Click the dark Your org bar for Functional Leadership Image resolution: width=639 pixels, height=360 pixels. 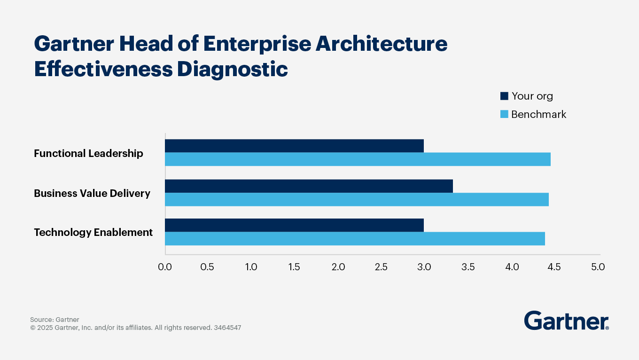click(x=294, y=146)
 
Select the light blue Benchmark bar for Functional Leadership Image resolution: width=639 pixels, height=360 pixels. click(x=358, y=159)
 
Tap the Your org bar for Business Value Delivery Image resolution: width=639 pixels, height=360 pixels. click(x=309, y=186)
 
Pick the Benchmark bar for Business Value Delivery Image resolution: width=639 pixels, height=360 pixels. click(x=357, y=199)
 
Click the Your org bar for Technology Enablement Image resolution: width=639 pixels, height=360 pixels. click(x=294, y=225)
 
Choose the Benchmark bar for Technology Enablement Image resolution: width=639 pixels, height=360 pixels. click(x=355, y=238)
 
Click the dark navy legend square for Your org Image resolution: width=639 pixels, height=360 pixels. click(x=504, y=96)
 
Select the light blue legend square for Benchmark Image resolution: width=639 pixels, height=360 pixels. click(x=504, y=114)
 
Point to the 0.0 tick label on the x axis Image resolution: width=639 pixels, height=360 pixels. click(x=165, y=267)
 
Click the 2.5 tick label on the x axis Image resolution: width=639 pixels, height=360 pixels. click(x=381, y=267)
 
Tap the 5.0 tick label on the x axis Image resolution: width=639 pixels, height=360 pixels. click(x=598, y=267)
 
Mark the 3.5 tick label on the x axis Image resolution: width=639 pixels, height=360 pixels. click(x=468, y=267)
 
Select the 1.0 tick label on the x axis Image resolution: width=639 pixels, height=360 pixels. click(x=251, y=267)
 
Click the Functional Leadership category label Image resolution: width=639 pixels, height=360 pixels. click(x=88, y=153)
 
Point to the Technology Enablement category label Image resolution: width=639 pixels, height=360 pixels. click(x=93, y=232)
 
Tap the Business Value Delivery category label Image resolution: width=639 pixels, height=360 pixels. click(x=92, y=193)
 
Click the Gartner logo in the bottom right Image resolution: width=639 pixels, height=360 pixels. click(x=566, y=321)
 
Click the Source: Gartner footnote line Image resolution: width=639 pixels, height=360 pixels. click(x=55, y=320)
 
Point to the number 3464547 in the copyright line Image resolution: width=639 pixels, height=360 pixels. click(x=227, y=328)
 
